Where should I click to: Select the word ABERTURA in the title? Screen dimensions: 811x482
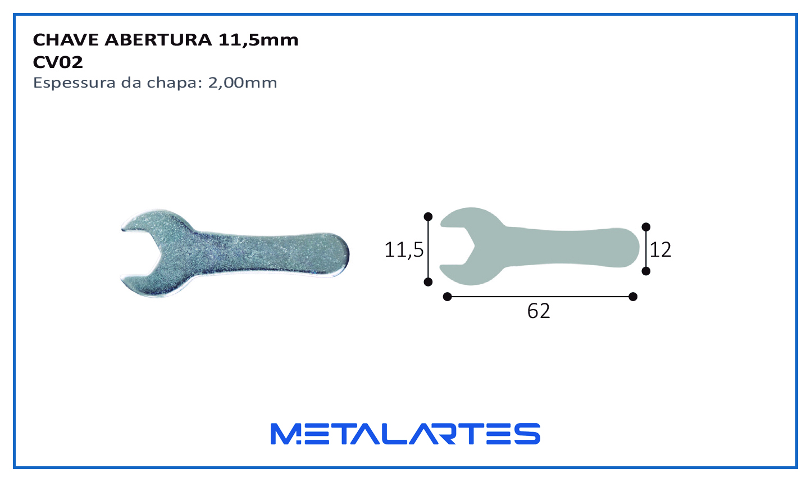pyautogui.click(x=158, y=40)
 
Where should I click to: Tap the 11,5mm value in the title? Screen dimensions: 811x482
pyautogui.click(x=258, y=40)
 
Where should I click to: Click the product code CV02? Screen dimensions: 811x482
pyautogui.click(x=57, y=62)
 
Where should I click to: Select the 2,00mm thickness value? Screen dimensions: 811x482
pyautogui.click(x=242, y=83)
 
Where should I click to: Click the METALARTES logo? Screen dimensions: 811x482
pyautogui.click(x=405, y=434)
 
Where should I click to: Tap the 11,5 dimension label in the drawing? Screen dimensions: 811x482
pyautogui.click(x=404, y=250)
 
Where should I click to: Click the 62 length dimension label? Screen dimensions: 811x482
pyautogui.click(x=539, y=311)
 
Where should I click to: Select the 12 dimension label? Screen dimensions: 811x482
pyautogui.click(x=660, y=250)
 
